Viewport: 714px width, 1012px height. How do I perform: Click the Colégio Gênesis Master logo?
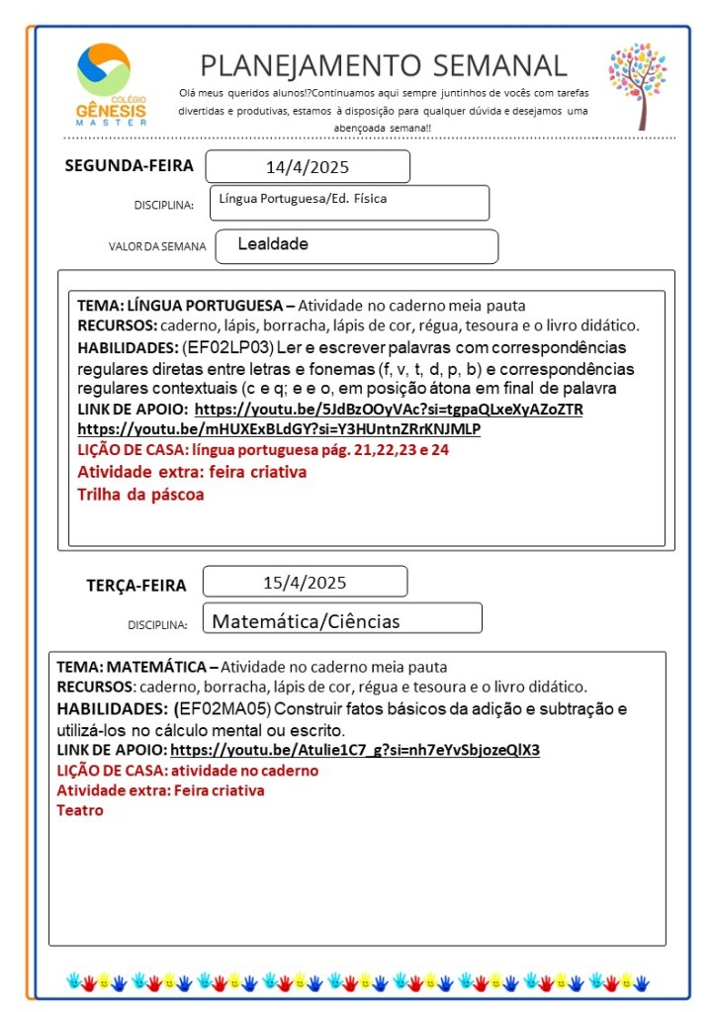[111, 83]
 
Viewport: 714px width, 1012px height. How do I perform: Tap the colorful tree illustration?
[638, 84]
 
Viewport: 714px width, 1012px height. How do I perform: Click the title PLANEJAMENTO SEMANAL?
[384, 65]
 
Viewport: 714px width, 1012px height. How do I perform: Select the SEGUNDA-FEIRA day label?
[129, 165]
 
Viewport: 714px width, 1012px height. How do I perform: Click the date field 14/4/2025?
[308, 167]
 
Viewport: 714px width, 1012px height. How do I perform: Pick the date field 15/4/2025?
[305, 582]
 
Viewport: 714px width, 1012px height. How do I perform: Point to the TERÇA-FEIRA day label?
[135, 585]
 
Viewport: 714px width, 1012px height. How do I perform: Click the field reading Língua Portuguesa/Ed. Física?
[304, 199]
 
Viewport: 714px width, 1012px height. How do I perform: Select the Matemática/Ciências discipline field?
[307, 621]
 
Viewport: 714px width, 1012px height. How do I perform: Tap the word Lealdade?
[273, 243]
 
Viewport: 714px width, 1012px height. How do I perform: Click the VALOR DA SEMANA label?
[157, 247]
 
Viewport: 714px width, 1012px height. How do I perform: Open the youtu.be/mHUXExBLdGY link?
[279, 429]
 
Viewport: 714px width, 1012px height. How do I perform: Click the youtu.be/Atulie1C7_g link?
[355, 750]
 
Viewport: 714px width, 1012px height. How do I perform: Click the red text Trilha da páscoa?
[140, 494]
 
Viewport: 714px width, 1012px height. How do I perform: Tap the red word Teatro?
[80, 810]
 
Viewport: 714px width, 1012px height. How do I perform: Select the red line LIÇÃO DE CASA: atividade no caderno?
[188, 770]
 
